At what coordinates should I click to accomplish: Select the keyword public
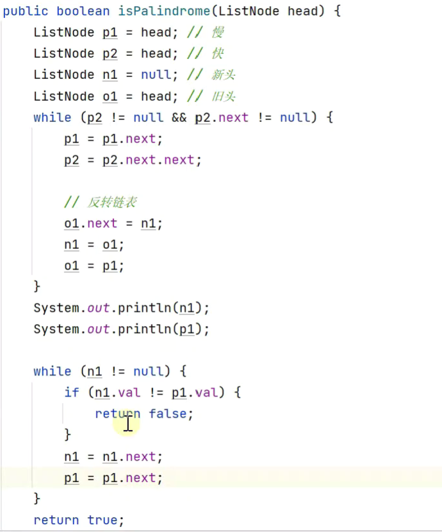pos(26,11)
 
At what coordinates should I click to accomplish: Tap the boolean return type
pos(83,11)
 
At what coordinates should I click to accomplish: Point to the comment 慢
pos(218,32)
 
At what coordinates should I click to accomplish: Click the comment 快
pos(218,53)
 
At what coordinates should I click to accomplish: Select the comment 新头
pos(224,74)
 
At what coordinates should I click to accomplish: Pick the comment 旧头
pos(224,96)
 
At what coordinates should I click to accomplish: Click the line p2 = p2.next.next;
pos(133,160)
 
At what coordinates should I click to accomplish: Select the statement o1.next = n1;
pos(113,223)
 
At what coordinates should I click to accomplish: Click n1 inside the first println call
pos(186,308)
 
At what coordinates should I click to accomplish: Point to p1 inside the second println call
pos(186,329)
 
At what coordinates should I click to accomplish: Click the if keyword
pos(71,392)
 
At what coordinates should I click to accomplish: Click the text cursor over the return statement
pos(128,423)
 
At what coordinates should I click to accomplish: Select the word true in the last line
pos(102,520)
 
